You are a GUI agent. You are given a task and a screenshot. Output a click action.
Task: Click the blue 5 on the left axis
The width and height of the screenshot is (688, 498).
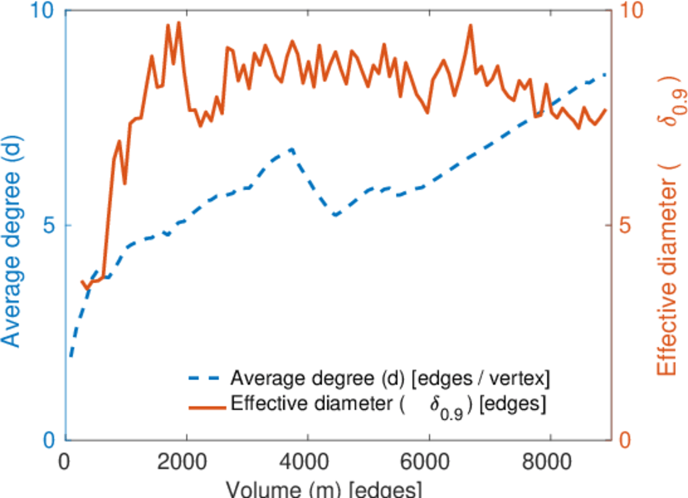48,226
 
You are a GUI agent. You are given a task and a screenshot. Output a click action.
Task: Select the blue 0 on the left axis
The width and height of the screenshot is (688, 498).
48,440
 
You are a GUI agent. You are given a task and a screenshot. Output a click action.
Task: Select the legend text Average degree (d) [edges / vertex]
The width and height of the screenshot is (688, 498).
390,379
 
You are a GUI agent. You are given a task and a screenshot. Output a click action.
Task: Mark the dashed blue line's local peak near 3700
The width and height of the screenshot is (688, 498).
292,149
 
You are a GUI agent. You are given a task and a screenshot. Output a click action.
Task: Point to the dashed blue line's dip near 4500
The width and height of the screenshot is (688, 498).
335,216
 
